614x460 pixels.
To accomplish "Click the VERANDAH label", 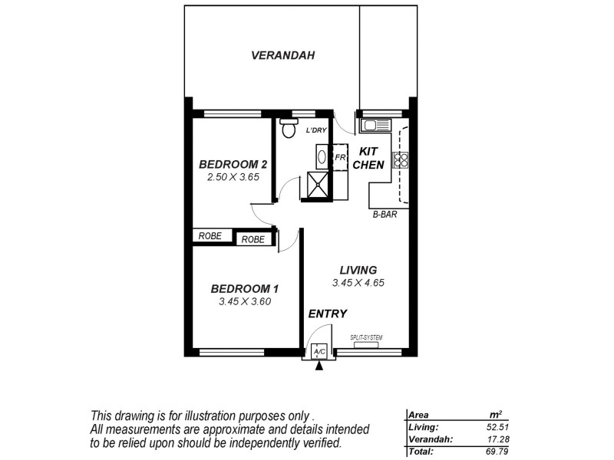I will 283,55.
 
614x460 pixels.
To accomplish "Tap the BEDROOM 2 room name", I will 233,164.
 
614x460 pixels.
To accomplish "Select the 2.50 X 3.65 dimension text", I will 233,176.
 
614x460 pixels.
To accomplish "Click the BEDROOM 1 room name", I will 244,289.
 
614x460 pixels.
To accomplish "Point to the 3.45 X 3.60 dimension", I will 244,301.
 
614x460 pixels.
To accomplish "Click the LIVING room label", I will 358,270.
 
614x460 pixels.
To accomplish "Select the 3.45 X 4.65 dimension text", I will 358,282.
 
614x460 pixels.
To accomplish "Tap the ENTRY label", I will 328,314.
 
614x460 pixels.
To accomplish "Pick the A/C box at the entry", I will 319,352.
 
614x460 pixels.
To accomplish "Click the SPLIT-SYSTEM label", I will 366,337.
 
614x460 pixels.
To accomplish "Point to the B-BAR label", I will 385,215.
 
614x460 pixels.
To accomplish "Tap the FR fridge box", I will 339,158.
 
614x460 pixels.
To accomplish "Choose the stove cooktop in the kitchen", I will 400,159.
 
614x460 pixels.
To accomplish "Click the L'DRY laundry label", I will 316,130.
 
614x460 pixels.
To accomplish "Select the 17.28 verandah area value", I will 500,439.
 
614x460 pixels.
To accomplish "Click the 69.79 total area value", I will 500,452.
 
